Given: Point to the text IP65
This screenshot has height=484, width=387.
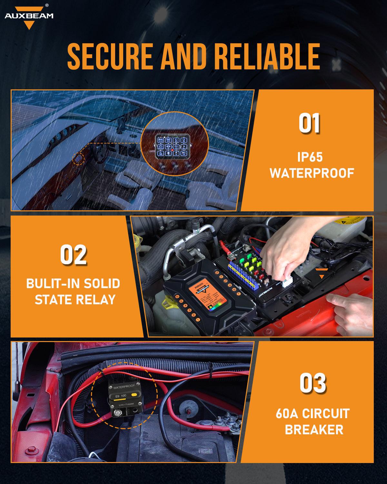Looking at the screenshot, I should tap(310, 157).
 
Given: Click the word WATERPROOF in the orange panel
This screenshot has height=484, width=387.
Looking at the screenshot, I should tap(312, 173).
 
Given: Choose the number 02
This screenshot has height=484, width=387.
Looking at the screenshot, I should tap(74, 255).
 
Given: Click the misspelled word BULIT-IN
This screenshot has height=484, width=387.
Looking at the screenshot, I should tap(52, 284).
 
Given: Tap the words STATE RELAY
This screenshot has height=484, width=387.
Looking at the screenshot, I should tap(75, 299).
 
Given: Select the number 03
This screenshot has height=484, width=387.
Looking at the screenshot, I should tap(313, 383).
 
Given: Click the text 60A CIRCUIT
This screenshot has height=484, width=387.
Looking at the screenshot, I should tap(313, 413).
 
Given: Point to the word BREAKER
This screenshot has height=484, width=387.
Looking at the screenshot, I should tap(314, 429).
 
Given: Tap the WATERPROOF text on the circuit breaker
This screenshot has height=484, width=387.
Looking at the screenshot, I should tap(124, 386).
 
